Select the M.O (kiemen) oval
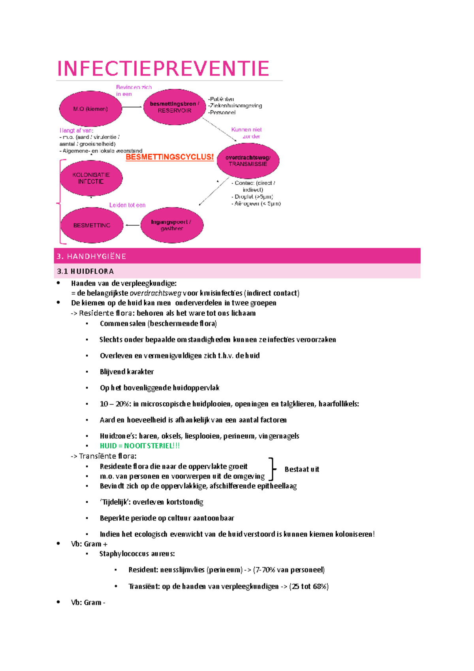point(90,109)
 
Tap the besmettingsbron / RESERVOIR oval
point(175,107)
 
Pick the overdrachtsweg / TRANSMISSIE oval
point(248,160)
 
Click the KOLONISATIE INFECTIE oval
point(91,178)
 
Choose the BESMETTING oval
point(92,225)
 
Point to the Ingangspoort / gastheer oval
point(172,225)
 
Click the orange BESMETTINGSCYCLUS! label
point(169,157)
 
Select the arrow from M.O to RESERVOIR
point(132,107)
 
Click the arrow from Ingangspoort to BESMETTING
point(132,225)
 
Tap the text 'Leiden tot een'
point(127,205)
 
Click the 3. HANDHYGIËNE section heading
point(92,256)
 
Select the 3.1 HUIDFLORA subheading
point(85,271)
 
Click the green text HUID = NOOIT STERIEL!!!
point(139,446)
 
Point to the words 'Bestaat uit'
point(302,469)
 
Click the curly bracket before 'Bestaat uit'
point(272,469)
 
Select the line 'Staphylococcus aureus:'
point(137,554)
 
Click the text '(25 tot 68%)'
point(309,586)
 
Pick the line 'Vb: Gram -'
point(88,603)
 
